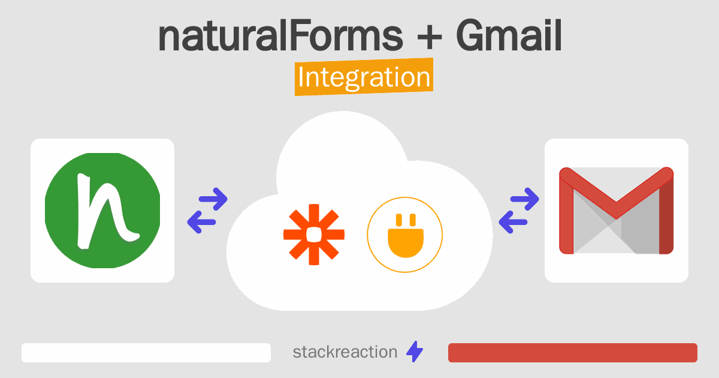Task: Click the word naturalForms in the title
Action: tap(280, 35)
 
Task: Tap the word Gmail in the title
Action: tap(509, 35)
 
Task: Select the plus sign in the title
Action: tap(430, 38)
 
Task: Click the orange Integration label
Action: tap(364, 77)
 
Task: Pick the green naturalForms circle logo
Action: tap(102, 211)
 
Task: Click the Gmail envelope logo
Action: tap(617, 211)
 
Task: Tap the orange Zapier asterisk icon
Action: tap(314, 235)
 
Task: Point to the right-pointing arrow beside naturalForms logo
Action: tap(213, 199)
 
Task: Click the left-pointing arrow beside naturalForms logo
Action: tap(201, 222)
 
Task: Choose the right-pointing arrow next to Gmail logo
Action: tap(524, 199)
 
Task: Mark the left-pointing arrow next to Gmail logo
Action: tap(513, 222)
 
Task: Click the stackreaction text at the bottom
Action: tap(345, 352)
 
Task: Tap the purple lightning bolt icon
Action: tap(415, 352)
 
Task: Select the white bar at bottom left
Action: tap(146, 353)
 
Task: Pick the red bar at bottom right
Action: tap(573, 353)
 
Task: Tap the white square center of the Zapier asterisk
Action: tap(314, 235)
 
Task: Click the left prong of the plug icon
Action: tap(399, 220)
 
